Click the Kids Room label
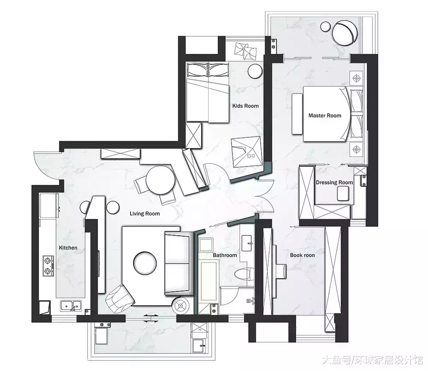pyautogui.click(x=245, y=106)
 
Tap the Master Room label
pyautogui.click(x=325, y=116)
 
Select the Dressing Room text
pyautogui.click(x=334, y=182)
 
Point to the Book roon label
pyautogui.click(x=302, y=255)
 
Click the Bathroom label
pyautogui.click(x=225, y=255)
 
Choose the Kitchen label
pyautogui.click(x=68, y=248)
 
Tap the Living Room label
pyautogui.click(x=145, y=214)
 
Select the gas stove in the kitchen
pyautogui.click(x=48, y=266)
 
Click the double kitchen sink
pyautogui.click(x=71, y=306)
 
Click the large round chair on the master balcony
pyautogui.click(x=345, y=33)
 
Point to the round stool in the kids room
pyautogui.click(x=256, y=71)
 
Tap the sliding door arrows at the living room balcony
pyautogui.click(x=151, y=319)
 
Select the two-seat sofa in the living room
pyautogui.click(x=177, y=263)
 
